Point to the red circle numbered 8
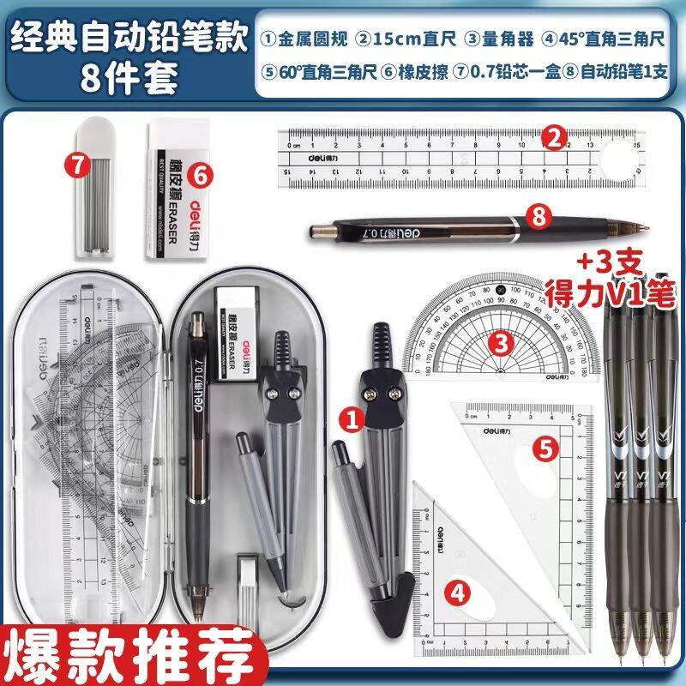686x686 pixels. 539,218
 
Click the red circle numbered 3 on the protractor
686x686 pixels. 502,342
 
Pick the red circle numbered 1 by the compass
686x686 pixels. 349,418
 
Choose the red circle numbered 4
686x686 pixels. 460,591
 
